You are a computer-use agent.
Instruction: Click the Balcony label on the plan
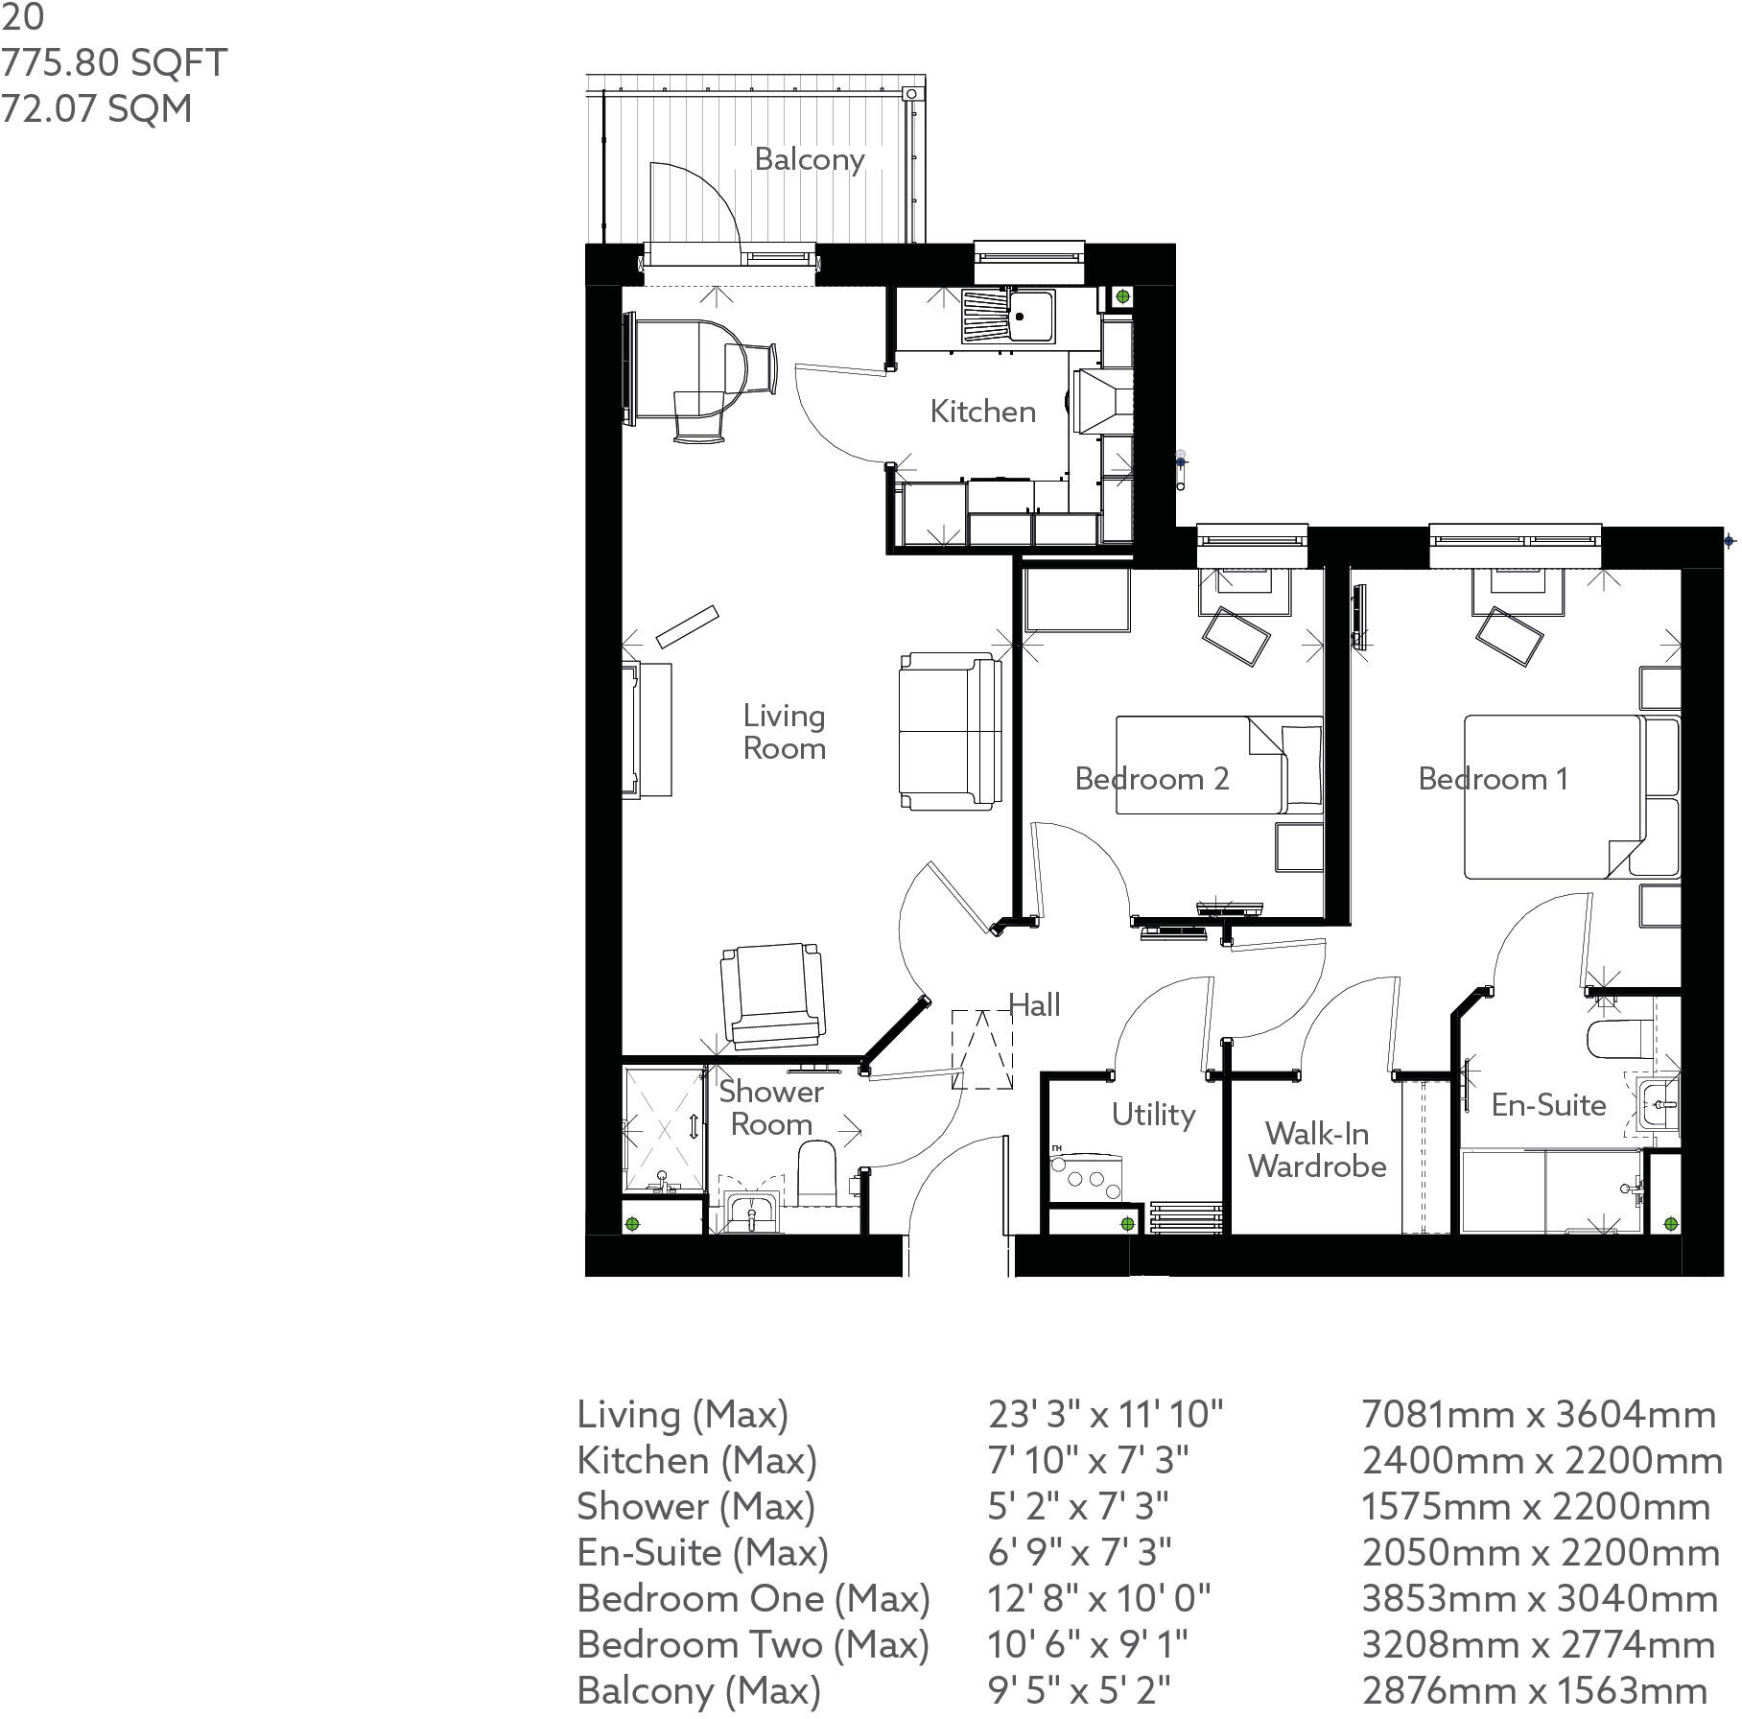(810, 159)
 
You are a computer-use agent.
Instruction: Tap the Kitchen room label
(982, 412)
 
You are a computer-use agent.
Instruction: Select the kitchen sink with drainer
(1007, 316)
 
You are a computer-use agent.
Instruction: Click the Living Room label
(784, 732)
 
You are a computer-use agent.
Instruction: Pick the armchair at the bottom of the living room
(773, 995)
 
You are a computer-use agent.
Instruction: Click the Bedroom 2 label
(1151, 778)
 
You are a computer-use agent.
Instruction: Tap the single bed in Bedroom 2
(1218, 765)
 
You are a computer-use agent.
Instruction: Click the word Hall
(1034, 1005)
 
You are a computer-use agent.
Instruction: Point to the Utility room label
(1153, 1115)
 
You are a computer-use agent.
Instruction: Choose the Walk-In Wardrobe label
(1317, 1150)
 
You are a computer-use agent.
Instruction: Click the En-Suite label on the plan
(1548, 1105)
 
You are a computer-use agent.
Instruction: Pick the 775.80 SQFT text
(114, 63)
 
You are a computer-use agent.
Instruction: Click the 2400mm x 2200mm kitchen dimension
(1542, 1461)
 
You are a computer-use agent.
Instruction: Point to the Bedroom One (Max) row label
(753, 1599)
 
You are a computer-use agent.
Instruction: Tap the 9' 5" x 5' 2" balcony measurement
(1079, 1690)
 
